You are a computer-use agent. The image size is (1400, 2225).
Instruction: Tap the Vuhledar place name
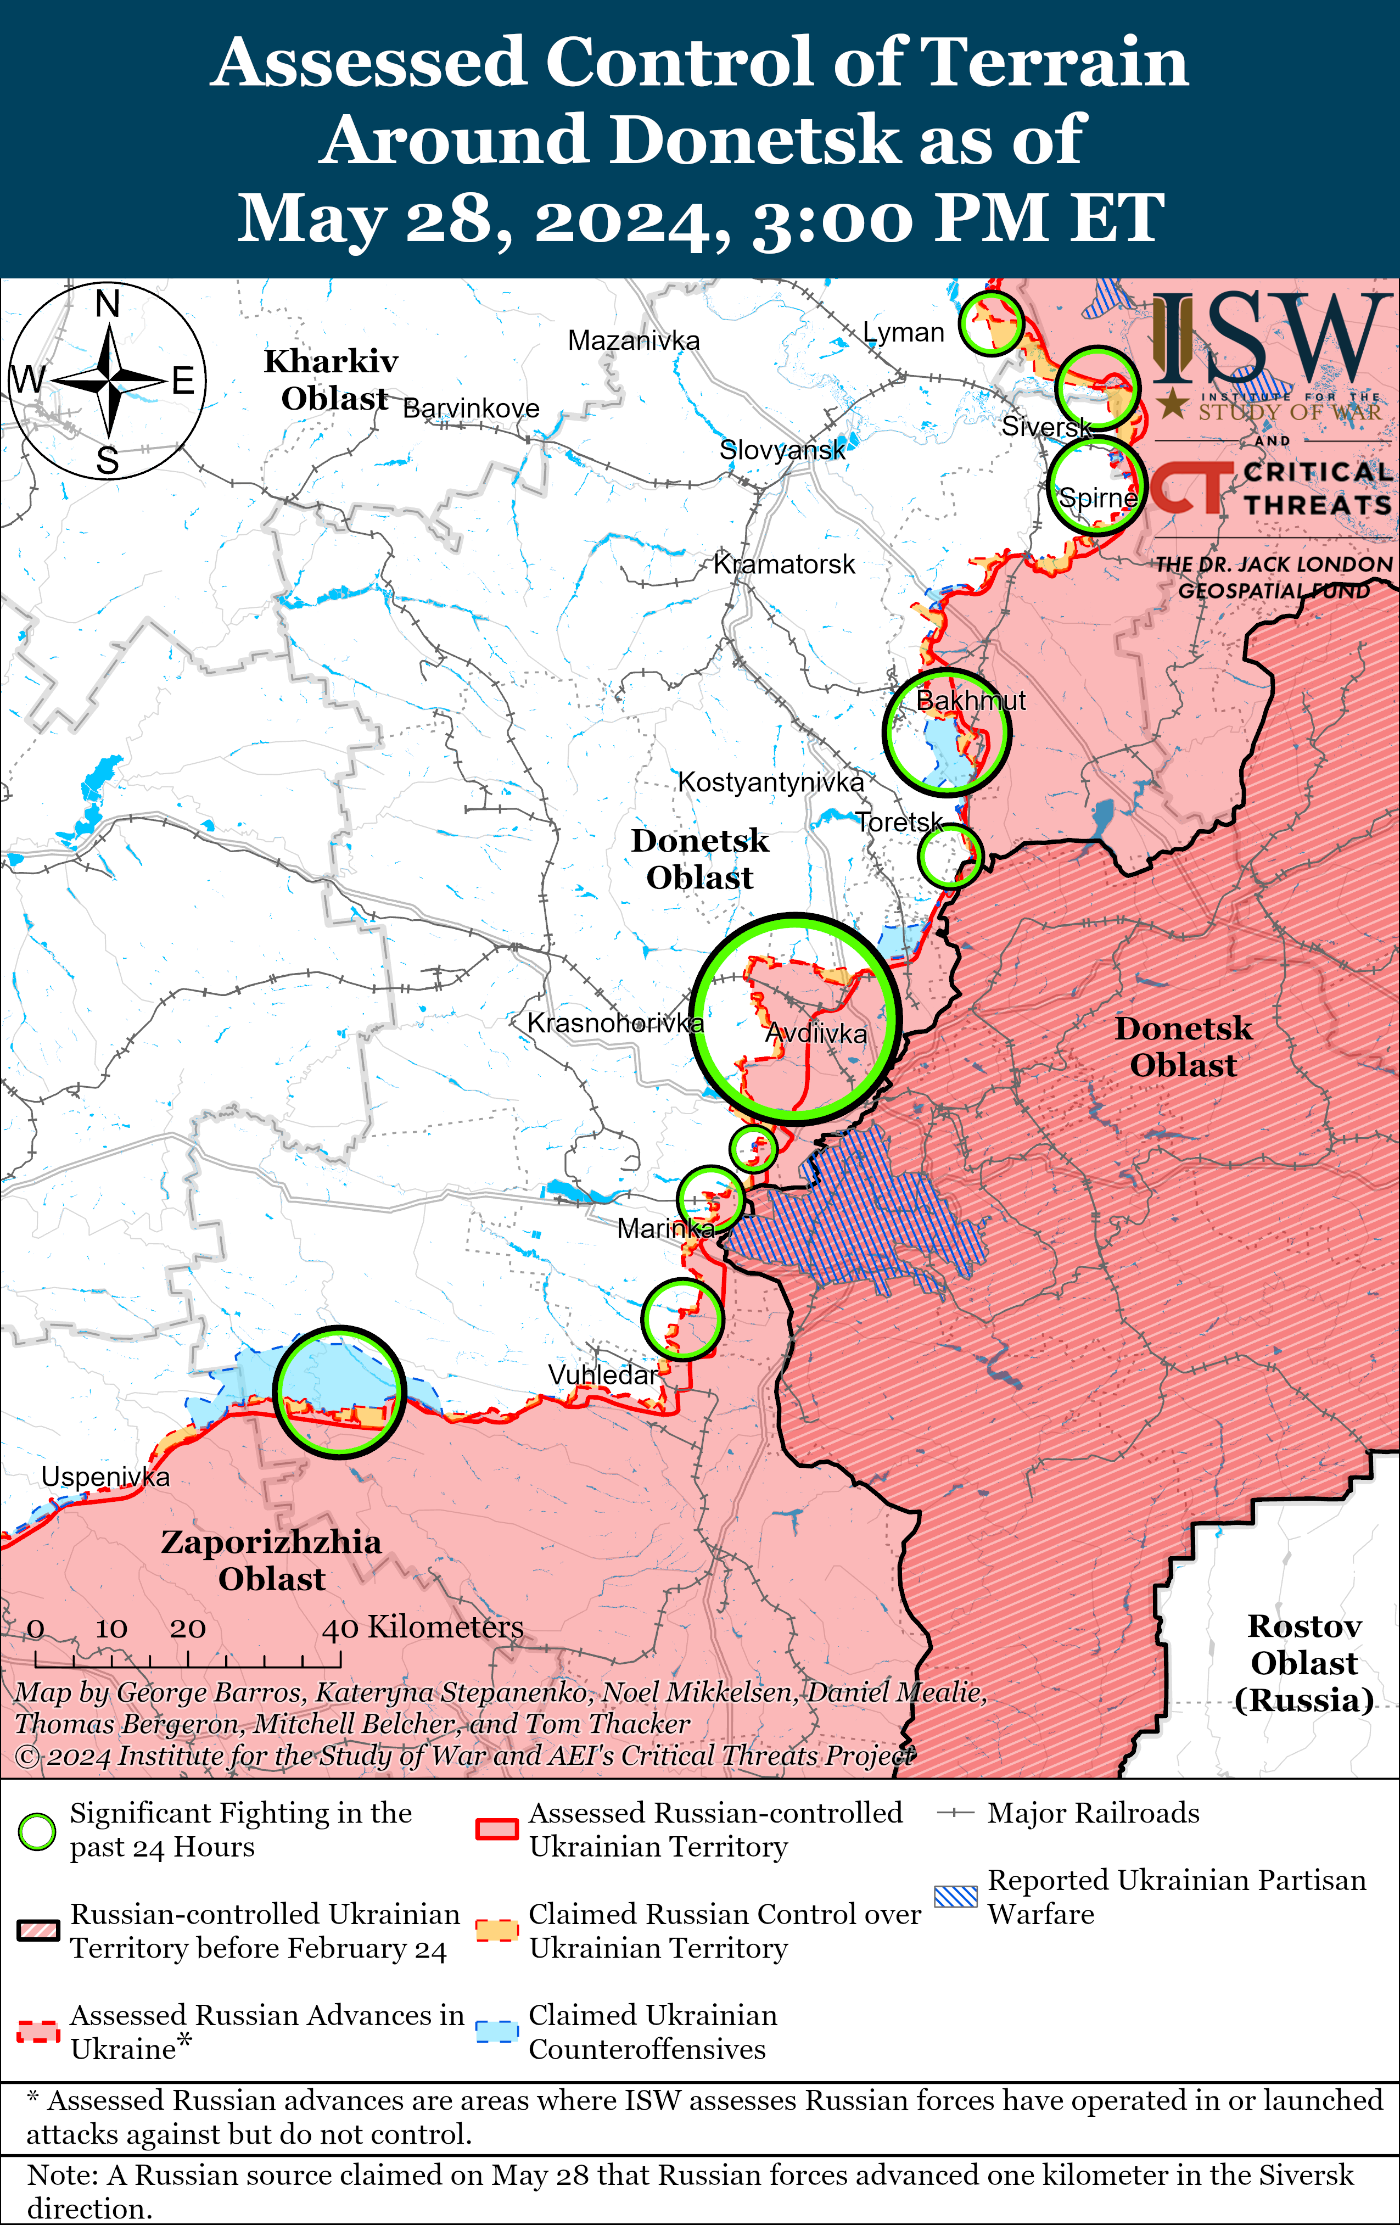(602, 1375)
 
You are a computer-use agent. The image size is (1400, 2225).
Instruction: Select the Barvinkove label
(471, 409)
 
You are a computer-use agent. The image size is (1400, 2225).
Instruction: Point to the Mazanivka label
(634, 341)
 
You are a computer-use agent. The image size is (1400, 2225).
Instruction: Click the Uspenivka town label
(105, 1477)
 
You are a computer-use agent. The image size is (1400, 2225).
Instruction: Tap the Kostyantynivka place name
(771, 782)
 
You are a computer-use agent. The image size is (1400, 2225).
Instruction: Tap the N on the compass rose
(108, 303)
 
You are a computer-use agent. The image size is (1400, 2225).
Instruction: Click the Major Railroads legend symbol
(955, 1813)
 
